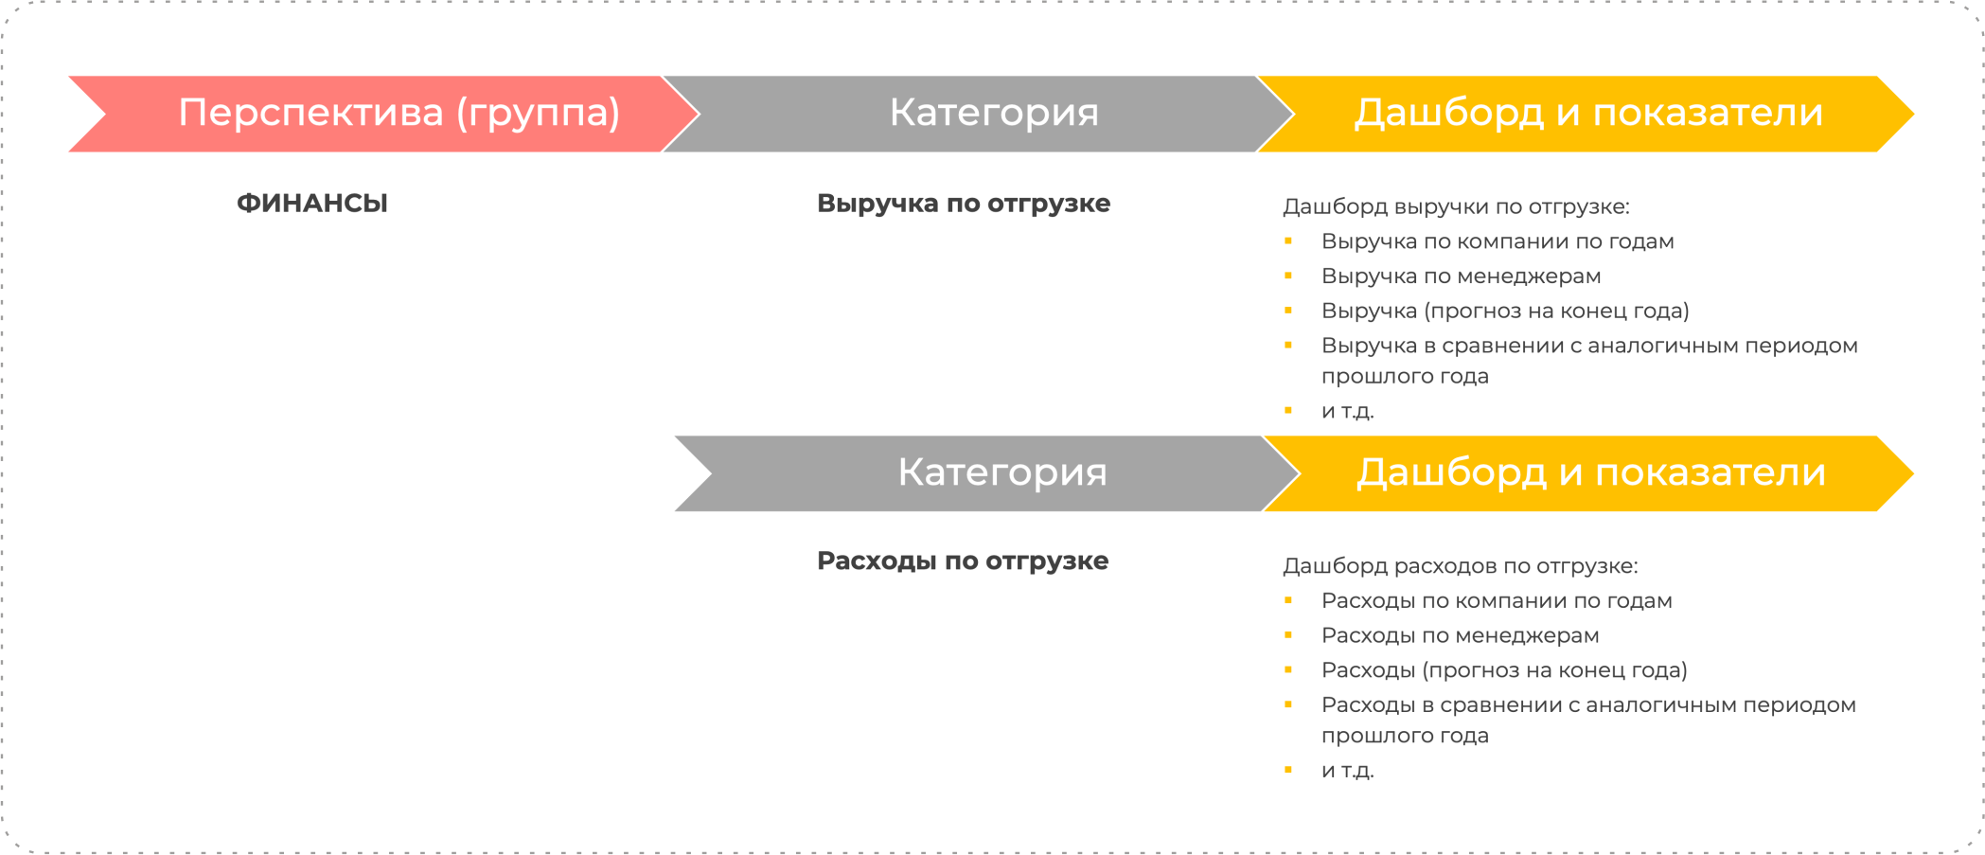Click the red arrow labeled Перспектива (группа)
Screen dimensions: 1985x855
(x=398, y=114)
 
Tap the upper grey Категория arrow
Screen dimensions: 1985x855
(x=993, y=114)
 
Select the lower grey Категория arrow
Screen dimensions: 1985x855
(x=1001, y=473)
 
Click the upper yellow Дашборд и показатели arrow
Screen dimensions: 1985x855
(x=1587, y=114)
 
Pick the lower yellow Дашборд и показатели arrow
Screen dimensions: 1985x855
(x=1590, y=473)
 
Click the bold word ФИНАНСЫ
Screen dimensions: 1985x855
(x=312, y=204)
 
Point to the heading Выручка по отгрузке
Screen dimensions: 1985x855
(x=963, y=204)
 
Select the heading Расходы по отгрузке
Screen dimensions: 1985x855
(x=962, y=561)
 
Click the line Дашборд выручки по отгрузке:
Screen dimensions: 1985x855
(x=1456, y=206)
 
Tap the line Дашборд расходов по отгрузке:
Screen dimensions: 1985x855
(x=1460, y=566)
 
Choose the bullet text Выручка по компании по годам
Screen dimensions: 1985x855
(x=1498, y=241)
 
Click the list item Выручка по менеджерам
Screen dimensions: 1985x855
(x=1461, y=276)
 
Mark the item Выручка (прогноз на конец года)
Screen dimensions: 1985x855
(x=1505, y=311)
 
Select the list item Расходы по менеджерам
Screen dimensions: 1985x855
(x=1460, y=635)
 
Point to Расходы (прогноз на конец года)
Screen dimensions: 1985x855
(x=1504, y=670)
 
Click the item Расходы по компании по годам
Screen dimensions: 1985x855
(x=1497, y=601)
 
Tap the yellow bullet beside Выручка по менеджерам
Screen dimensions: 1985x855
(x=1288, y=276)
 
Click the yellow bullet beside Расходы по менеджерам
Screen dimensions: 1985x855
(x=1288, y=634)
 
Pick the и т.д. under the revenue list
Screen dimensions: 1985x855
(x=1347, y=411)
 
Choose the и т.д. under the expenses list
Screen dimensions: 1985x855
(x=1347, y=771)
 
